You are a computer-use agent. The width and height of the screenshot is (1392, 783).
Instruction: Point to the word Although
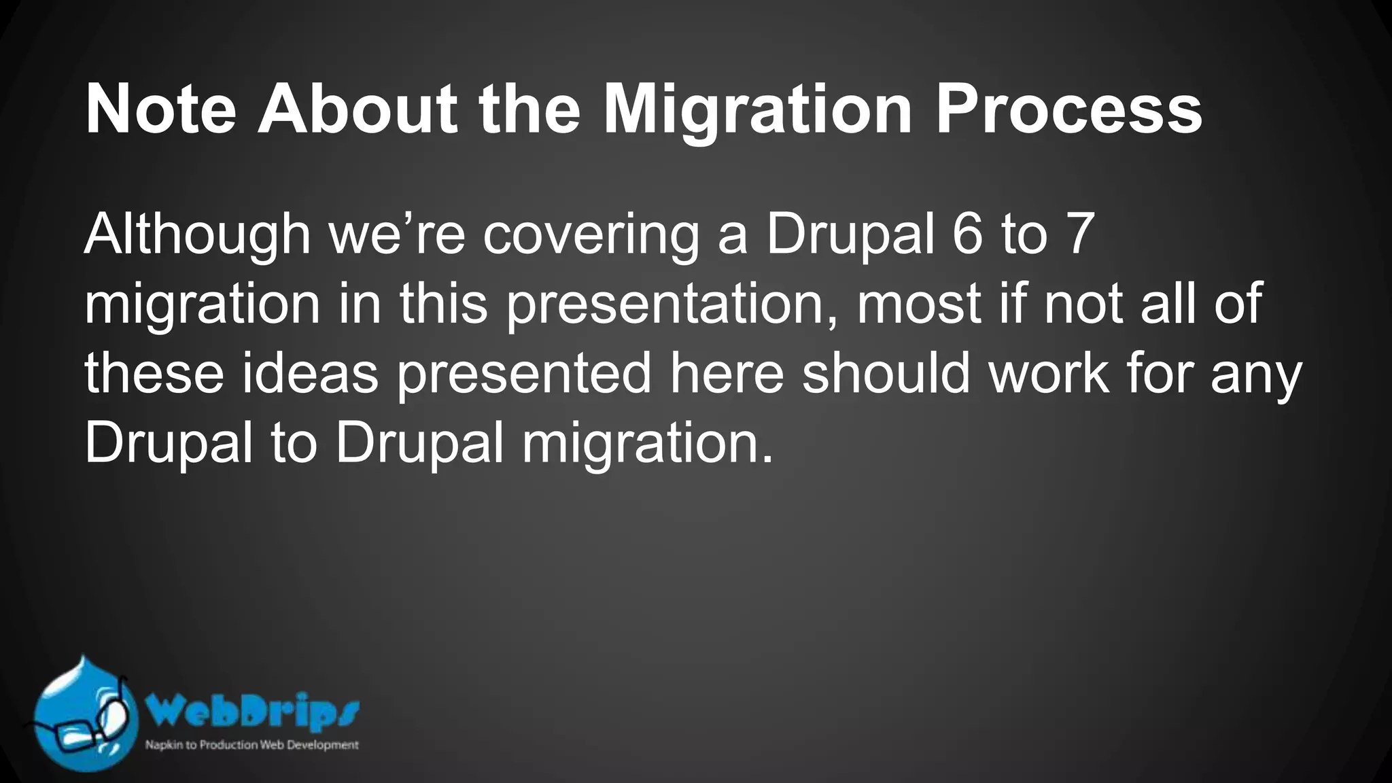[x=197, y=234]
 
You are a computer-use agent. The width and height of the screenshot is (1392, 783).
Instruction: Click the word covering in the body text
[x=591, y=234]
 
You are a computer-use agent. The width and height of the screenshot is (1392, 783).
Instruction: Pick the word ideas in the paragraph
[x=310, y=373]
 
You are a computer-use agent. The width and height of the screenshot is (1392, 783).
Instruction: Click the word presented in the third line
[x=524, y=373]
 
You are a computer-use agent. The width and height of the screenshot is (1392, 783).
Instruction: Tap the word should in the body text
[x=886, y=373]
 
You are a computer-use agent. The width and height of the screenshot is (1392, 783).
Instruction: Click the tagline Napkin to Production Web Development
[x=251, y=745]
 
